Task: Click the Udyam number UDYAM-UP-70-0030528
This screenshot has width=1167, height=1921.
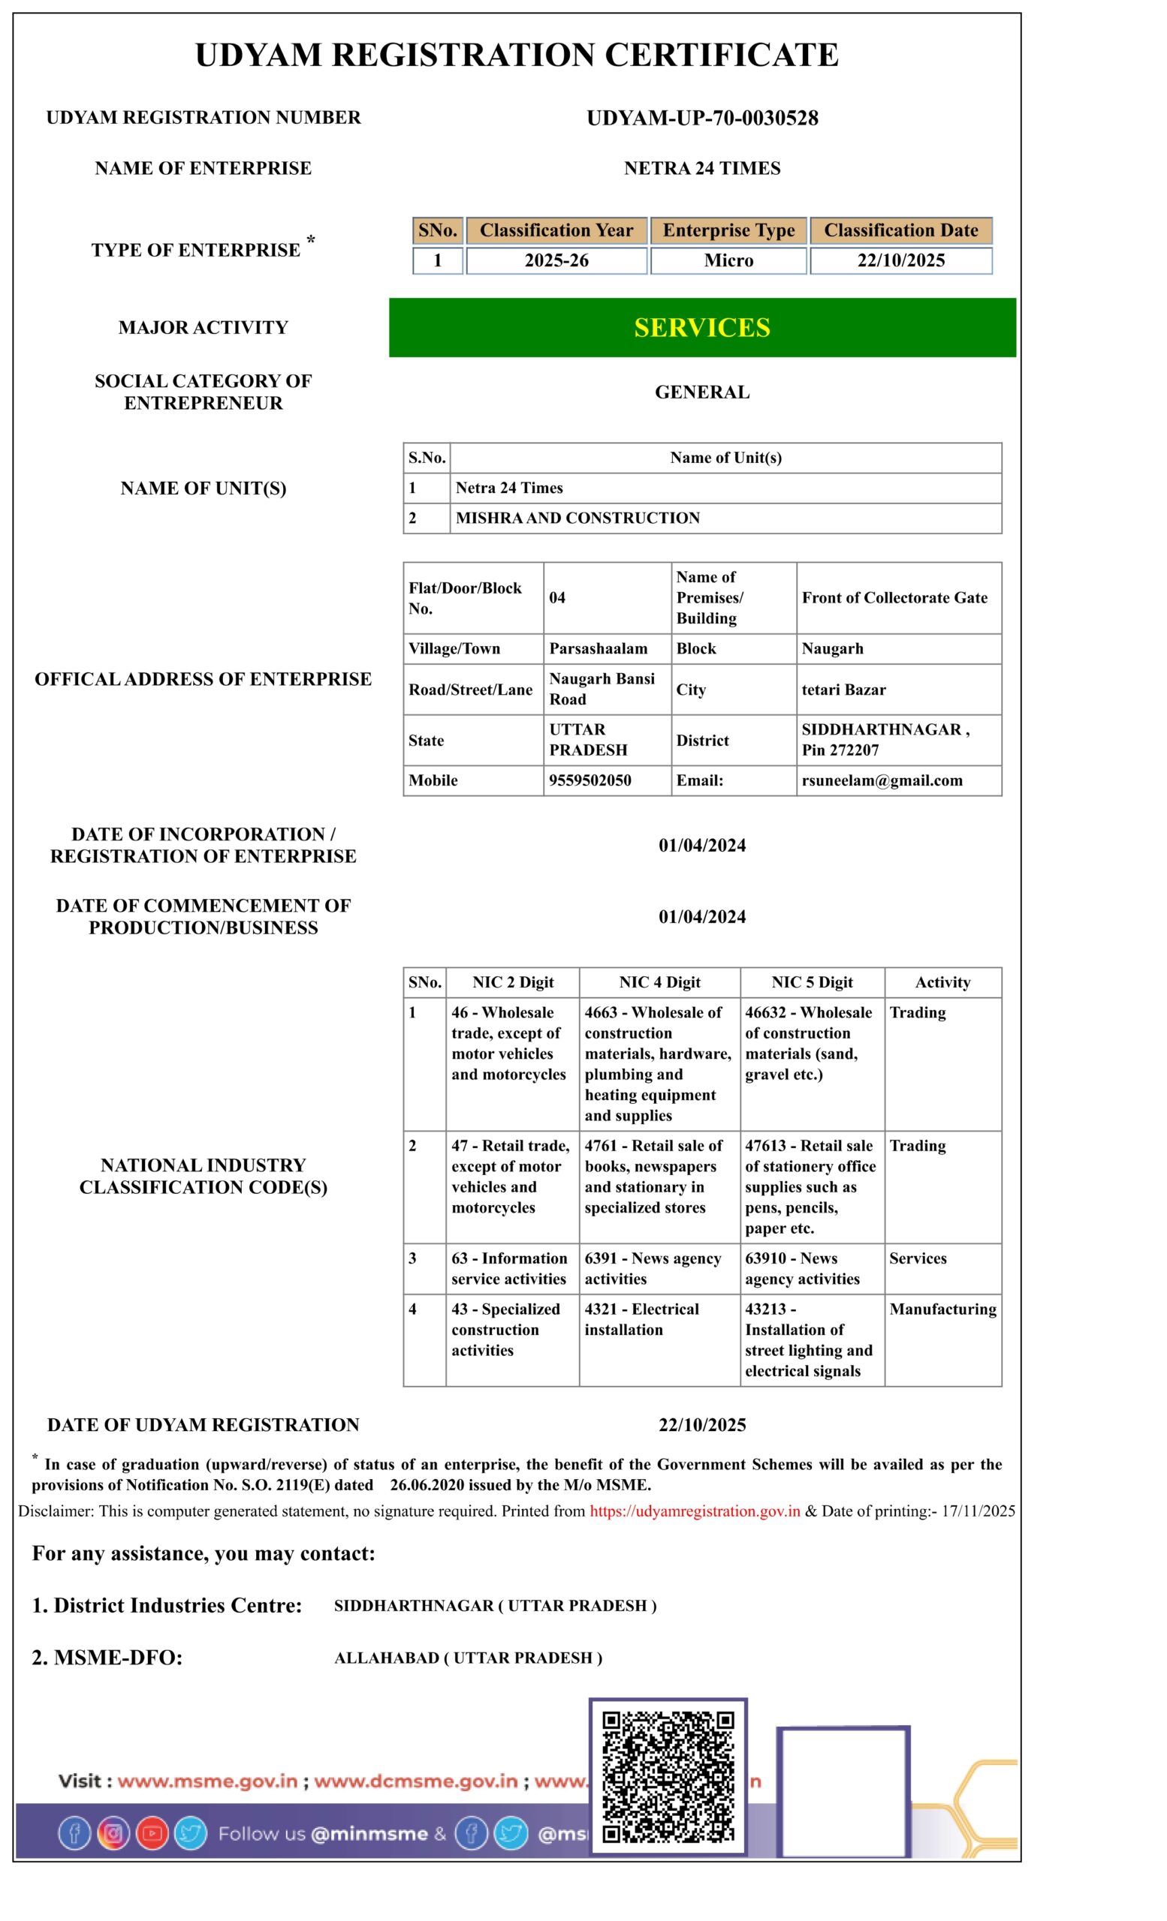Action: coord(702,119)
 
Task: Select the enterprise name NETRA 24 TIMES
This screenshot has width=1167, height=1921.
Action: coord(702,168)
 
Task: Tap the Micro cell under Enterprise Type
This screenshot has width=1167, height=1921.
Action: coord(728,260)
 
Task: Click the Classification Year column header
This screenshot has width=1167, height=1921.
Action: coord(556,231)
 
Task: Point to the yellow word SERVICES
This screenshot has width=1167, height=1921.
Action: coord(702,327)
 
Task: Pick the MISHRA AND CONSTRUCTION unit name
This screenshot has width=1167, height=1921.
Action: coord(577,518)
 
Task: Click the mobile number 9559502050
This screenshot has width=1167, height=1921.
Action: coord(590,780)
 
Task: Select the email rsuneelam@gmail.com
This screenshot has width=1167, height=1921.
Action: coord(882,780)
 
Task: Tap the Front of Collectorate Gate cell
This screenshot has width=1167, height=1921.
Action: coord(894,598)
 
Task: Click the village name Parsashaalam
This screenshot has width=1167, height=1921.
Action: coord(599,648)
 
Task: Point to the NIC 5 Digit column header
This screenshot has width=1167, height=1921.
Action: coord(812,982)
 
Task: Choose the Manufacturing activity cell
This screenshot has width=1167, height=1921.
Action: coord(942,1309)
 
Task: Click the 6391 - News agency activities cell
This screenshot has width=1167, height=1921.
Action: coord(653,1268)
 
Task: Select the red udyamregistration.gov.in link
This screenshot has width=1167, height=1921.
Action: coord(695,1511)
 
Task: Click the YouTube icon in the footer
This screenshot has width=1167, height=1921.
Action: coord(152,1834)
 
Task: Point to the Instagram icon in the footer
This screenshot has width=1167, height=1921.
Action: coord(113,1834)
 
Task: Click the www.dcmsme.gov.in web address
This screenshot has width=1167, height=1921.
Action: coord(416,1781)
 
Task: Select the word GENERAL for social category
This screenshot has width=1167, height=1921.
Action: coord(702,392)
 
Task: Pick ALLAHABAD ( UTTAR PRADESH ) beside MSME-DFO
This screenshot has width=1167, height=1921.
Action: coord(468,1658)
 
